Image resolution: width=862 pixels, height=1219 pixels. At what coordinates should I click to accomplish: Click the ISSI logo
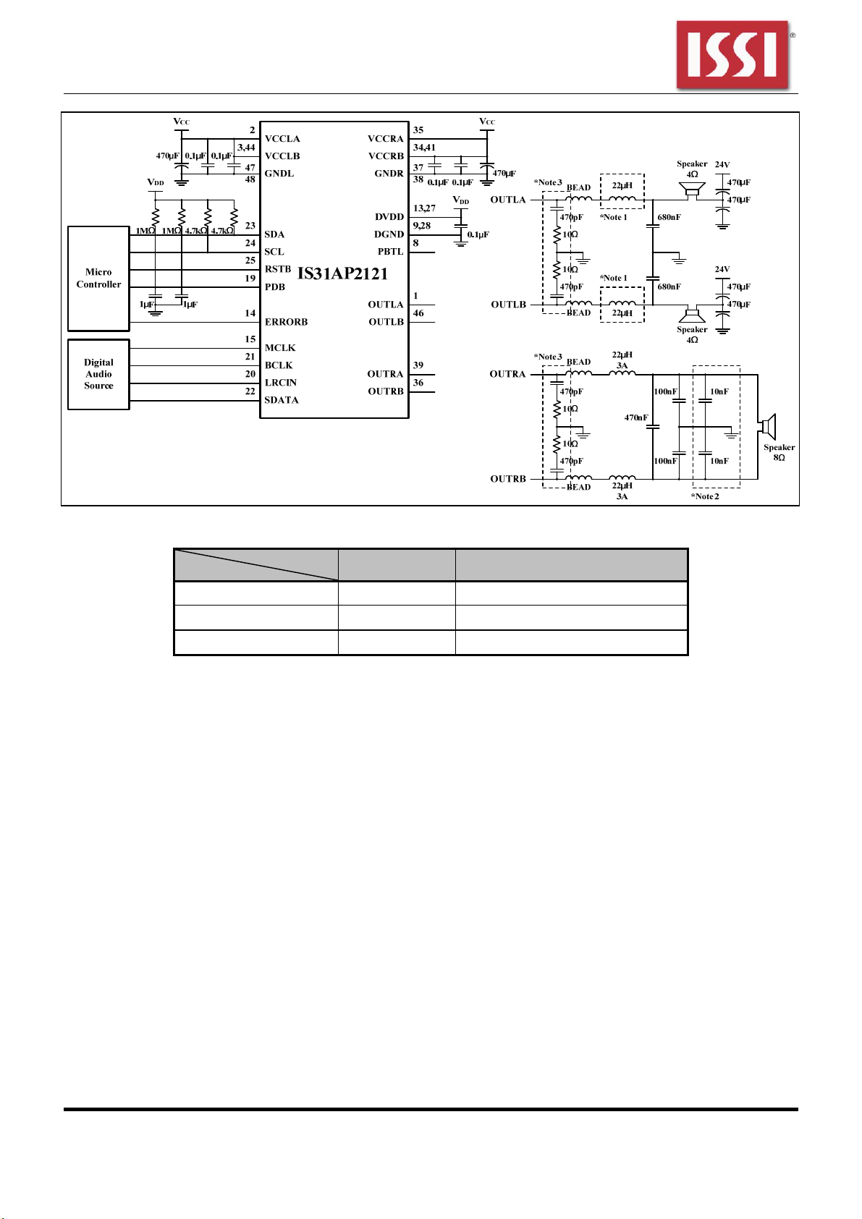(x=732, y=55)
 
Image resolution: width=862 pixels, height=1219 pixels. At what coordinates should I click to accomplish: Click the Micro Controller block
(x=98, y=279)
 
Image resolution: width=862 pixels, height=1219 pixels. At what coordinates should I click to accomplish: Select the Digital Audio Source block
(x=98, y=375)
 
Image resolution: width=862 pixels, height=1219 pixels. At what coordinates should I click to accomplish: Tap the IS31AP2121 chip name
(x=342, y=273)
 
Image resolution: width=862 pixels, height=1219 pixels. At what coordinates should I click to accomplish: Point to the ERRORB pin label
(x=286, y=322)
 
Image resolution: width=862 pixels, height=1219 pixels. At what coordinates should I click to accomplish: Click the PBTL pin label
(x=390, y=252)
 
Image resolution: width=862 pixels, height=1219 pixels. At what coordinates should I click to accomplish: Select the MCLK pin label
(x=280, y=348)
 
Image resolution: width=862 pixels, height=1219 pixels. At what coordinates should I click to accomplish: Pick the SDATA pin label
(x=282, y=400)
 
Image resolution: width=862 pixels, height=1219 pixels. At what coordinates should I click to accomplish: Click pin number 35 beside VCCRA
(x=418, y=130)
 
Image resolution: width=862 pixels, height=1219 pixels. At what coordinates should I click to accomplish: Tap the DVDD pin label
(x=389, y=217)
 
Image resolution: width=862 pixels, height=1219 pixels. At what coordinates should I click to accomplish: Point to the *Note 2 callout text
(x=705, y=496)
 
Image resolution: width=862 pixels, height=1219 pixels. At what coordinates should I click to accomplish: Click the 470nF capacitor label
(x=636, y=418)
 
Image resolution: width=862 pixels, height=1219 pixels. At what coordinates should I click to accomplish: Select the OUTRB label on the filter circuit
(x=508, y=479)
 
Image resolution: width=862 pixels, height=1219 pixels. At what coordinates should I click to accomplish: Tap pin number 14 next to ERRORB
(x=250, y=313)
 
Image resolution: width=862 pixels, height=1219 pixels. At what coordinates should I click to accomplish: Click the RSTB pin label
(x=278, y=269)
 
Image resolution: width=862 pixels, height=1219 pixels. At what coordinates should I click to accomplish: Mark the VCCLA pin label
(x=282, y=139)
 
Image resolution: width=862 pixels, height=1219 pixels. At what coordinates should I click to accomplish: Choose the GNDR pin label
(x=389, y=174)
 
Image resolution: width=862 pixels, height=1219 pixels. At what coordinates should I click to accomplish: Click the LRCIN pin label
(x=280, y=383)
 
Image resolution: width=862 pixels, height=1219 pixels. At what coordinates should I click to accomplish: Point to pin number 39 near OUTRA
(x=418, y=365)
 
